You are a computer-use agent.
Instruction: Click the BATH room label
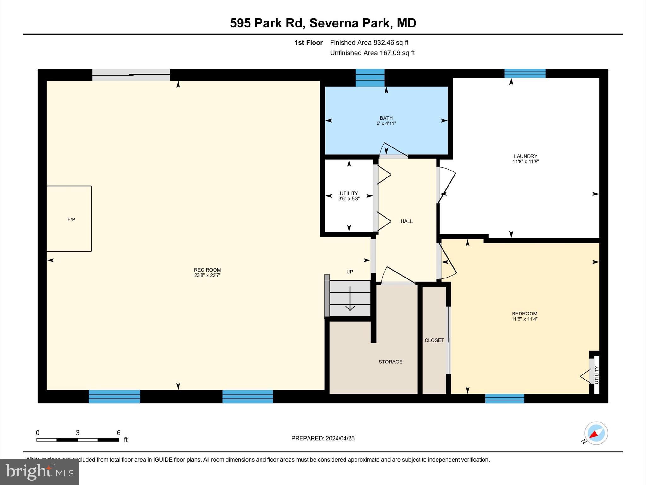[x=386, y=118]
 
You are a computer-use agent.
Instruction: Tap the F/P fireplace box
[x=69, y=219]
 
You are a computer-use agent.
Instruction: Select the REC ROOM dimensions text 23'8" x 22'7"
[x=207, y=275]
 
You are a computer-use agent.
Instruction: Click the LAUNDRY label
[x=526, y=156]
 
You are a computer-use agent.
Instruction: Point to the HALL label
[x=407, y=221]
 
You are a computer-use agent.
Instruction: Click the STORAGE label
[x=391, y=362]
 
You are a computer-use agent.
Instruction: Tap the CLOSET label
[x=434, y=340]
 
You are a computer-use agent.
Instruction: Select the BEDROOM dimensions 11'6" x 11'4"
[x=524, y=319]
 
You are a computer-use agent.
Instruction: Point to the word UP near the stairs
[x=349, y=272]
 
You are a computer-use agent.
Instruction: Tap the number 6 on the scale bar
[x=119, y=433]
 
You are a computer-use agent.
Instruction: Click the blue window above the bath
[x=370, y=78]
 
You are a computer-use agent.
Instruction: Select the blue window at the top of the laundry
[x=525, y=74]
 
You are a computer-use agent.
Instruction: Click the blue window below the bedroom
[x=504, y=398]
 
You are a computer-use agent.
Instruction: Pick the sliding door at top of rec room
[x=131, y=75]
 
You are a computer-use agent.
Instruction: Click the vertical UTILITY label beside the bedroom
[x=596, y=375]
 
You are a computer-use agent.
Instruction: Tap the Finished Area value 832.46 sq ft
[x=391, y=43]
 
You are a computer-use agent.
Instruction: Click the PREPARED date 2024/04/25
[x=340, y=438]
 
